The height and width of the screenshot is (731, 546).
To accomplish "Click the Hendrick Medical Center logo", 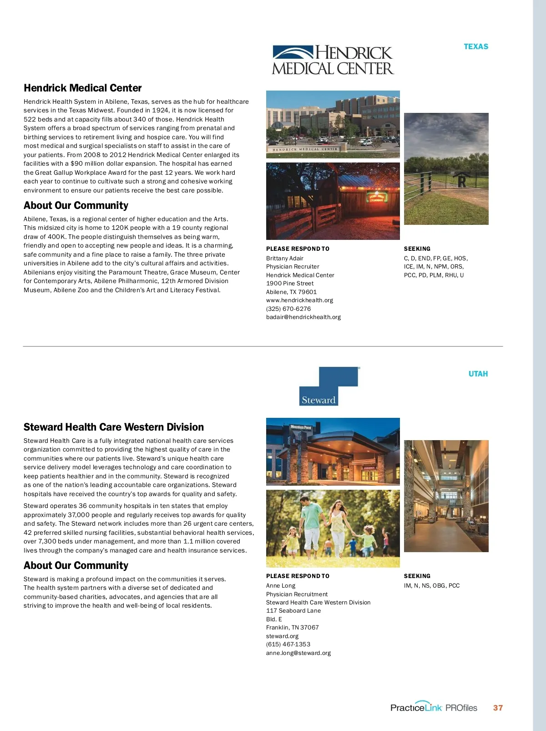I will [x=333, y=60].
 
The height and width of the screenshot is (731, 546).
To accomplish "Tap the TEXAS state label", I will [x=475, y=46].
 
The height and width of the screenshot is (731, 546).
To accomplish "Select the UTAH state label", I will [x=478, y=374].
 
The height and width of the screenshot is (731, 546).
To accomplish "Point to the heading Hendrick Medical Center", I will [x=82, y=88].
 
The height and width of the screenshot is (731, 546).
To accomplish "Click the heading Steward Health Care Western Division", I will [x=113, y=427].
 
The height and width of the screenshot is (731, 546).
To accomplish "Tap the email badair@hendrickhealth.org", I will [x=303, y=317].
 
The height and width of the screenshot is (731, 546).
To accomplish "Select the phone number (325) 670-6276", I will [x=288, y=309].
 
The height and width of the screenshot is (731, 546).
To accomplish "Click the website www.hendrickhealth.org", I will [x=299, y=300].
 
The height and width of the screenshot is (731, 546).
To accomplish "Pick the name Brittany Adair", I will [x=284, y=259].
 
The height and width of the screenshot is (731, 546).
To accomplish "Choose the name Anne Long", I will [x=280, y=586].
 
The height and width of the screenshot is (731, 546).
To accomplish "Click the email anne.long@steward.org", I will [x=298, y=653].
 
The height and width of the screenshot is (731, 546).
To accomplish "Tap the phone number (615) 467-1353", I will [x=288, y=645].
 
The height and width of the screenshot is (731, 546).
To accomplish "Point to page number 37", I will [x=498, y=708].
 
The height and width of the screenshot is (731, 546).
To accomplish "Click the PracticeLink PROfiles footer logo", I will [x=434, y=707].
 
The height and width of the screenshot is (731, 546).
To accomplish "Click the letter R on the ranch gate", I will [x=461, y=182].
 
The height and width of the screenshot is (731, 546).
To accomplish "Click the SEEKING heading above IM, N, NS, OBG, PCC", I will [x=417, y=576].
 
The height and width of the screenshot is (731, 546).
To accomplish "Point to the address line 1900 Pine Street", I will [x=290, y=284].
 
